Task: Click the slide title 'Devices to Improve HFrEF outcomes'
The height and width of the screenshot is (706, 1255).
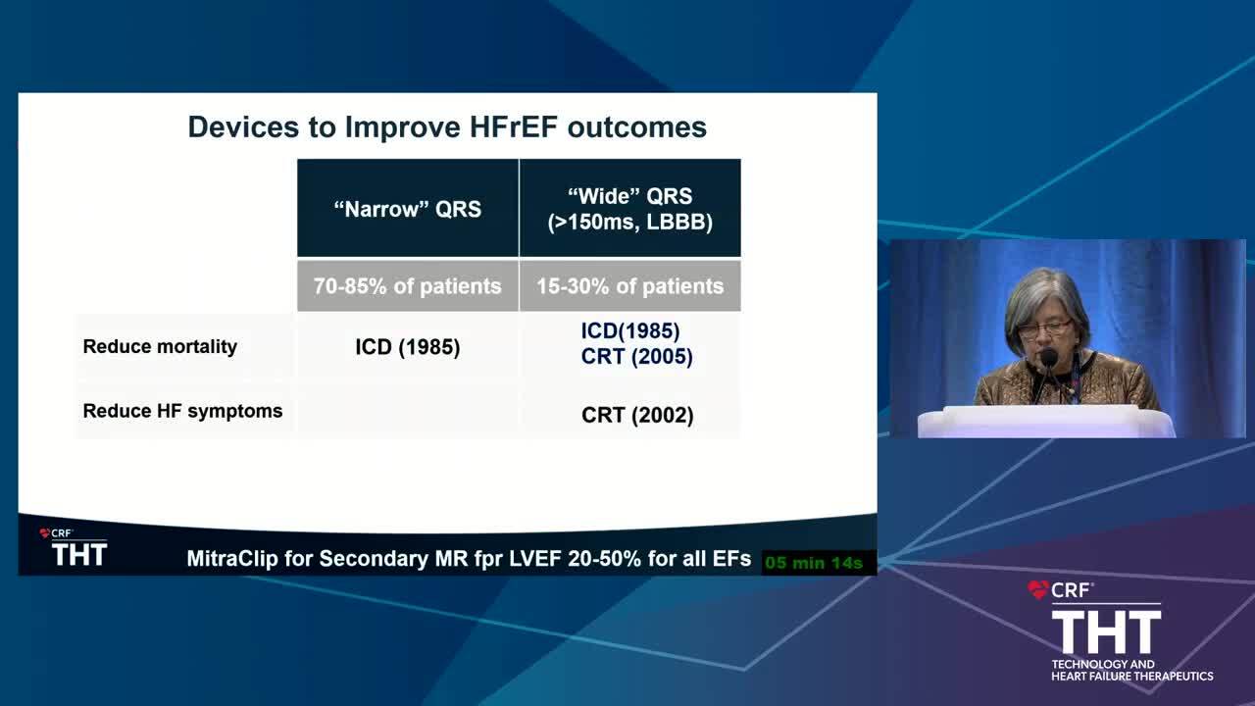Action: tap(447, 127)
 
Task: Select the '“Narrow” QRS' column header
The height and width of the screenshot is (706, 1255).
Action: tap(407, 209)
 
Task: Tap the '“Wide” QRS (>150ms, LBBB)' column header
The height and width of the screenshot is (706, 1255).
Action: tap(630, 209)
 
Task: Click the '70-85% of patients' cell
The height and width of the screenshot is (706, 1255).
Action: tap(407, 285)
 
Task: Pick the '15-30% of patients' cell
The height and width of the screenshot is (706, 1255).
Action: tap(630, 285)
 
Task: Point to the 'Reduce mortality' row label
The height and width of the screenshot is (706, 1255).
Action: tap(160, 347)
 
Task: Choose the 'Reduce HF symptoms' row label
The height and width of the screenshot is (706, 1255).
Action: tap(182, 411)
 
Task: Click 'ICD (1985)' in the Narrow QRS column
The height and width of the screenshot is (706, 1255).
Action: tap(407, 347)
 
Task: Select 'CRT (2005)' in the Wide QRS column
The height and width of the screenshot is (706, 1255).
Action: tap(636, 356)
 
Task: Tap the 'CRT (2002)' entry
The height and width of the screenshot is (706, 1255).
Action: tap(637, 415)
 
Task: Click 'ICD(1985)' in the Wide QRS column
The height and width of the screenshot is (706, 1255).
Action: tap(630, 330)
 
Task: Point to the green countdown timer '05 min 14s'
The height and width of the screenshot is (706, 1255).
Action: tap(814, 563)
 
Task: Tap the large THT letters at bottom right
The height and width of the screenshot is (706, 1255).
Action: tap(1106, 632)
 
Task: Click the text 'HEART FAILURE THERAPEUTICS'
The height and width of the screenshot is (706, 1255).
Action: tap(1131, 677)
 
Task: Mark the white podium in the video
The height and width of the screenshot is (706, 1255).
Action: tap(1045, 422)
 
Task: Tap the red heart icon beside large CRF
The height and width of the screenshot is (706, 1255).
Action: tap(1037, 589)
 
